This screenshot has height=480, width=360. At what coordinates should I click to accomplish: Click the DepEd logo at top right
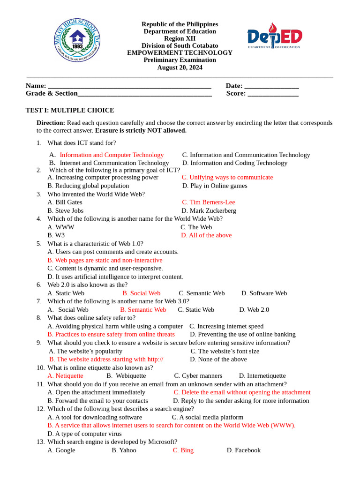click(275, 37)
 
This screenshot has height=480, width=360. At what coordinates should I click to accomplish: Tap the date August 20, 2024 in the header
click(180, 67)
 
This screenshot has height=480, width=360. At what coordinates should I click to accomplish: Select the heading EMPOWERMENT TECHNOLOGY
click(180, 52)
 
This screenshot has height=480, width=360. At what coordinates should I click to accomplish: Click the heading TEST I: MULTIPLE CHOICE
click(69, 111)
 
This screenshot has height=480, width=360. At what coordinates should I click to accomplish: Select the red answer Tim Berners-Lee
click(209, 202)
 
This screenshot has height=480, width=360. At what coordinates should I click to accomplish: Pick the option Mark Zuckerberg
click(209, 211)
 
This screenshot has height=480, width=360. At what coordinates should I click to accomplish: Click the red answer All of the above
click(206, 235)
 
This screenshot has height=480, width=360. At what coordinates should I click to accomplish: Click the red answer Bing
click(183, 450)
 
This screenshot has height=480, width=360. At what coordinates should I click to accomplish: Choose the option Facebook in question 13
click(243, 450)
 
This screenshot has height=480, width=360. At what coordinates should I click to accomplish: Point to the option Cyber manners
click(198, 376)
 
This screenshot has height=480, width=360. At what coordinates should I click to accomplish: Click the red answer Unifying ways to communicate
click(227, 178)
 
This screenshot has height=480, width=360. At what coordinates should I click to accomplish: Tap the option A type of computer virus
click(84, 434)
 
